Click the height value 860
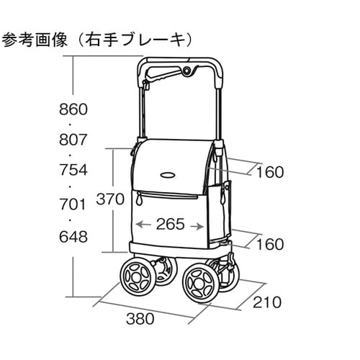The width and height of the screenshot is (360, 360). [x=73, y=109]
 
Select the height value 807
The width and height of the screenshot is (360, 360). [x=73, y=140]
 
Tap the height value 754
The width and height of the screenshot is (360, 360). [x=73, y=170]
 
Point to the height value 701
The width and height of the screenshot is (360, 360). [x=73, y=204]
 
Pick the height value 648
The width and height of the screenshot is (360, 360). [x=73, y=237]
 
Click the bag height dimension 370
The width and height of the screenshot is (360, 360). [x=110, y=199]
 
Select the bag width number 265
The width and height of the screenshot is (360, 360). [x=171, y=224]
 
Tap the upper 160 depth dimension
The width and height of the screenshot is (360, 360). [x=270, y=172]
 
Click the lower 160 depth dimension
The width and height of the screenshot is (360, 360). [x=270, y=244]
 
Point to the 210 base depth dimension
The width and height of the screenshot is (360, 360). [x=267, y=302]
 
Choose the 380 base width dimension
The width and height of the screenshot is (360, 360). [x=140, y=319]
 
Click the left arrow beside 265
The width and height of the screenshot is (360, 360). [x=143, y=225]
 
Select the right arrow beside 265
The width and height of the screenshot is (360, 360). [x=197, y=226]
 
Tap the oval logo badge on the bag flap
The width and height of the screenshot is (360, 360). [x=168, y=175]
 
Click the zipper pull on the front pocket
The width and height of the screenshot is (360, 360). [x=138, y=199]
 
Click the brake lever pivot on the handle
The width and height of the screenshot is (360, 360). [x=186, y=71]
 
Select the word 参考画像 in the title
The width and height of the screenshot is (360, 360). [x=35, y=40]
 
